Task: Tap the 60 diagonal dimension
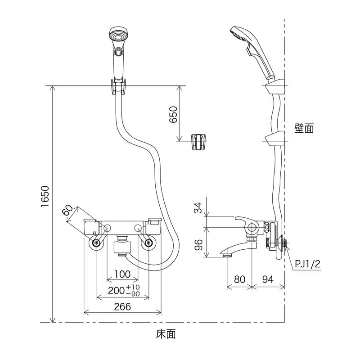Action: (68, 211)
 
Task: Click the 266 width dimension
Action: (122, 307)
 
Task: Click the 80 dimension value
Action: (239, 279)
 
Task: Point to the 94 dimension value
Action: (268, 279)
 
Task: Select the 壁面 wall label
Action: (304, 129)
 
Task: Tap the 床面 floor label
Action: (166, 334)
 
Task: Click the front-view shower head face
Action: (118, 36)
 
